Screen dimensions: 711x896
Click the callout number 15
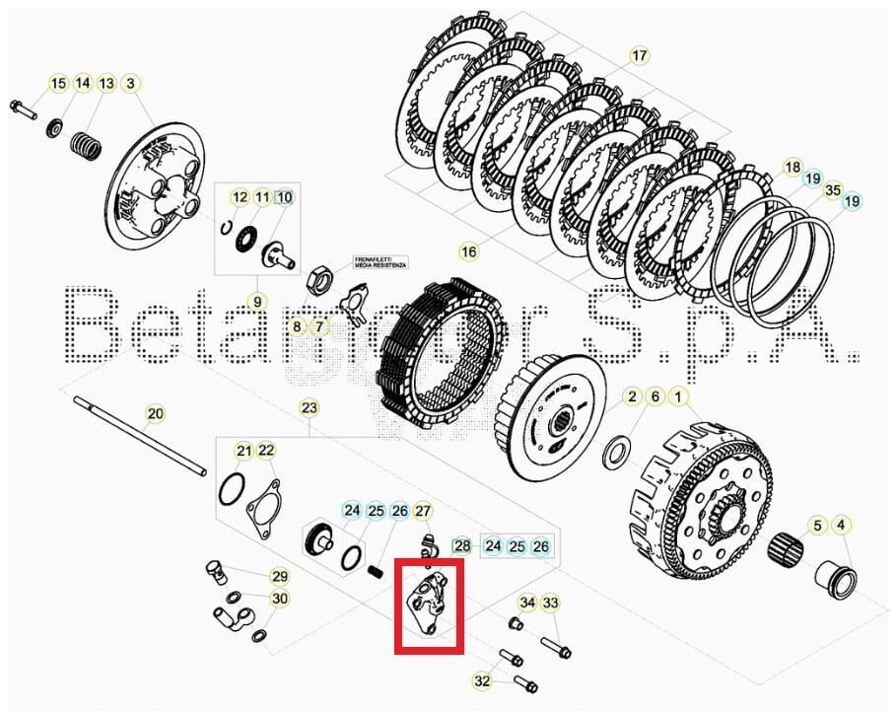point(58,84)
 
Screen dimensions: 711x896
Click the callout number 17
point(640,56)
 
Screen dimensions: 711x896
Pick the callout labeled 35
point(832,190)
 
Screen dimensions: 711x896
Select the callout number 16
point(468,252)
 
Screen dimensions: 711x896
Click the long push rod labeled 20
point(138,434)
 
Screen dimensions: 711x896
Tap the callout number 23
point(310,407)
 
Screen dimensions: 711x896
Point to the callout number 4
point(842,525)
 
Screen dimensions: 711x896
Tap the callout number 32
point(482,680)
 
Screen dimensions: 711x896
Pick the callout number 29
point(280,577)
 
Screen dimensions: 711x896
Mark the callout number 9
point(256,302)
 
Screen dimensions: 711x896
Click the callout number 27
point(423,511)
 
